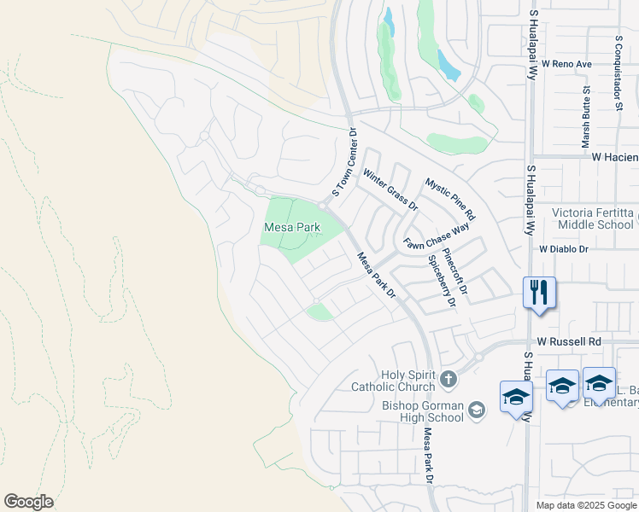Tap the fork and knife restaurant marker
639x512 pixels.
tap(540, 293)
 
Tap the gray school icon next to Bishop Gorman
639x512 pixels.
tap(477, 411)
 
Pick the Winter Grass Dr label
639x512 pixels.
tap(390, 189)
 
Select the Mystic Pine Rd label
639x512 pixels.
tap(449, 199)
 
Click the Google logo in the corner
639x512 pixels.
tap(28, 502)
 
